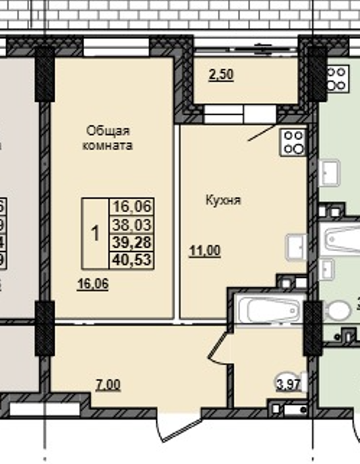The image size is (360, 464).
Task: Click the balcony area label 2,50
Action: (220, 75)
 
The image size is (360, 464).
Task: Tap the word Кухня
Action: (223, 200)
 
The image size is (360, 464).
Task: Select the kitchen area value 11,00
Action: (204, 251)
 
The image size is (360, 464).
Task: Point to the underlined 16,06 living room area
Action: (93, 284)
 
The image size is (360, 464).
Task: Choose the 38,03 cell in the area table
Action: (133, 225)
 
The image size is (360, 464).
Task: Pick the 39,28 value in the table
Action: (133, 242)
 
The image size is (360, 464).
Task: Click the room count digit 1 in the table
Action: (95, 234)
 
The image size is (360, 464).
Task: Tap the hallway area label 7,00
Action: (108, 385)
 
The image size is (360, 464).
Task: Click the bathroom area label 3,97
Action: (287, 385)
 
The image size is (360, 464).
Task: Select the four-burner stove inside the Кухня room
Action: (293, 141)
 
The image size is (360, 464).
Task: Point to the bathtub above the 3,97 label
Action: (267, 311)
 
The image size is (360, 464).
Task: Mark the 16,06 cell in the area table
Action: (133, 207)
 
